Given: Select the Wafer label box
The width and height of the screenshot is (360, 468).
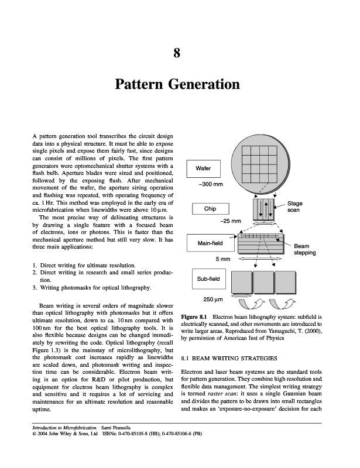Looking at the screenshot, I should tap(203, 168).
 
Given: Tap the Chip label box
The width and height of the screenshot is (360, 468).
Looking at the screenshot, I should tap(210, 209).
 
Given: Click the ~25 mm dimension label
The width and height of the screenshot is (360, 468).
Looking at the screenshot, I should tap(230, 221).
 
